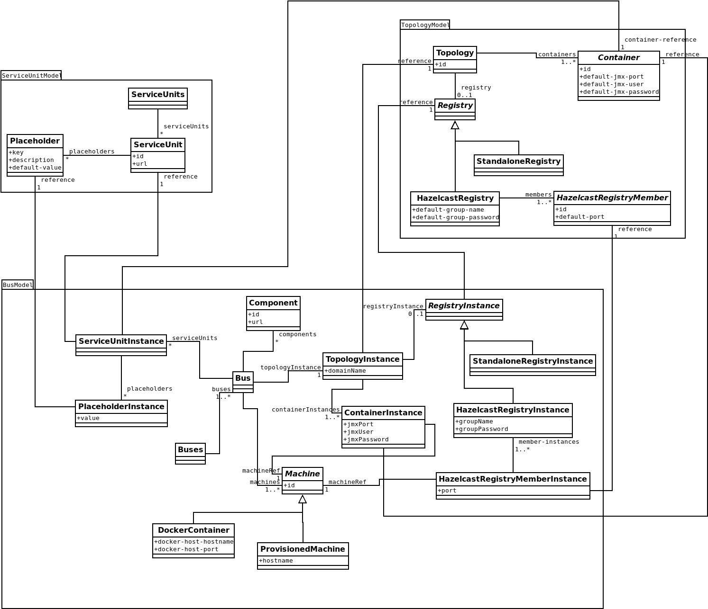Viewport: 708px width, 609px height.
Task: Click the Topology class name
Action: pos(455,53)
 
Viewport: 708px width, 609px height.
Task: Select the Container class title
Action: pos(618,57)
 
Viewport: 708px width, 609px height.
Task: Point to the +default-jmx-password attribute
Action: pos(619,92)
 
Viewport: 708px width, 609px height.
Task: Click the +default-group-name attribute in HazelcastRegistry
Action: pos(448,210)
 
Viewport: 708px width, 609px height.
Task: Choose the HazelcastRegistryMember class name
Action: pos(612,197)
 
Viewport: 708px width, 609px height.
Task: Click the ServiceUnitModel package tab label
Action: pos(31,76)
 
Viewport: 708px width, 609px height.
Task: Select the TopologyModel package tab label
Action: pos(425,25)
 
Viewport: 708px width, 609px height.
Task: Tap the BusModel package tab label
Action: pos(18,285)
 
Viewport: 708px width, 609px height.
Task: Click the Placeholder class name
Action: pos(35,141)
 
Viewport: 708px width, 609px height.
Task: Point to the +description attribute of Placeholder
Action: pos(25,160)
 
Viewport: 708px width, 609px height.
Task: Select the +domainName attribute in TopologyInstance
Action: pos(345,371)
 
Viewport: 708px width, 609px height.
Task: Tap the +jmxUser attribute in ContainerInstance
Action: pos(359,432)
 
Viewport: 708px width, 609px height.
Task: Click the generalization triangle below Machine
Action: pos(303,499)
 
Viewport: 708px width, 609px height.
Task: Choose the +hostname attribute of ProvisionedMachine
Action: pos(277,561)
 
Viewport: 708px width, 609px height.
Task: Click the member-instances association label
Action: pos(549,442)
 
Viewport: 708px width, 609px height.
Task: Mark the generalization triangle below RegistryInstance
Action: pos(464,325)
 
